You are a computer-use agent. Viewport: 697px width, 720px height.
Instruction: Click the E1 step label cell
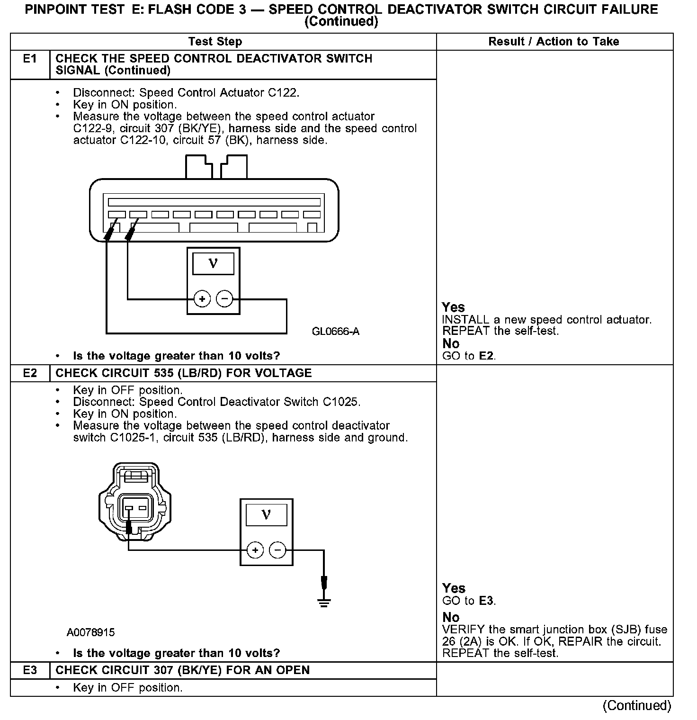point(30,59)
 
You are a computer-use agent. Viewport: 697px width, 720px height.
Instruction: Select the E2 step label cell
point(30,373)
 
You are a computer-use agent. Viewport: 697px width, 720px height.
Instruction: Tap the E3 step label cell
point(30,670)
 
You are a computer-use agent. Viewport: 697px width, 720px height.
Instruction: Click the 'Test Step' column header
point(215,42)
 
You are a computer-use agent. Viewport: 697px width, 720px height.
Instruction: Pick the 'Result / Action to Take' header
point(554,42)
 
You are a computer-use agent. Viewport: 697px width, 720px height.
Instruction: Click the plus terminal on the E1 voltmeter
point(202,299)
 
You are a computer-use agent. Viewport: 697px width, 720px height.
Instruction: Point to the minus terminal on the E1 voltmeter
point(224,299)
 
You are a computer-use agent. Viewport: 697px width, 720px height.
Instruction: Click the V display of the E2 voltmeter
point(266,514)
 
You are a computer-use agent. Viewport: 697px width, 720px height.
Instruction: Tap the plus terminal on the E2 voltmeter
point(255,550)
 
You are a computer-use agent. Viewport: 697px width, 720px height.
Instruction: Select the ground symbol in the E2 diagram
point(324,602)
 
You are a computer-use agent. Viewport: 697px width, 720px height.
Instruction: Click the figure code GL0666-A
point(336,332)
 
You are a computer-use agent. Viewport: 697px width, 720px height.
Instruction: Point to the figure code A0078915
point(90,632)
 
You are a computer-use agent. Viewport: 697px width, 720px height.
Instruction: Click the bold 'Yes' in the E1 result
point(453,307)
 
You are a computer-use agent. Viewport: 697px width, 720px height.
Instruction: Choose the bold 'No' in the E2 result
point(451,617)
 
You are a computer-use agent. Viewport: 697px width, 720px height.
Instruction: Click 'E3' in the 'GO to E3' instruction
point(486,601)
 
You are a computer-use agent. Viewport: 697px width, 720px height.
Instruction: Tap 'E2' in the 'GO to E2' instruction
point(486,356)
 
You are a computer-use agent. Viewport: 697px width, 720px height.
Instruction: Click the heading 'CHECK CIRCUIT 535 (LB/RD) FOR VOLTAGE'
point(184,373)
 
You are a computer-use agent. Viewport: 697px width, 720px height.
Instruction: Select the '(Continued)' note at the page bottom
point(636,705)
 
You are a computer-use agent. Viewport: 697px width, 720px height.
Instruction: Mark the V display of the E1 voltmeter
point(213,263)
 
